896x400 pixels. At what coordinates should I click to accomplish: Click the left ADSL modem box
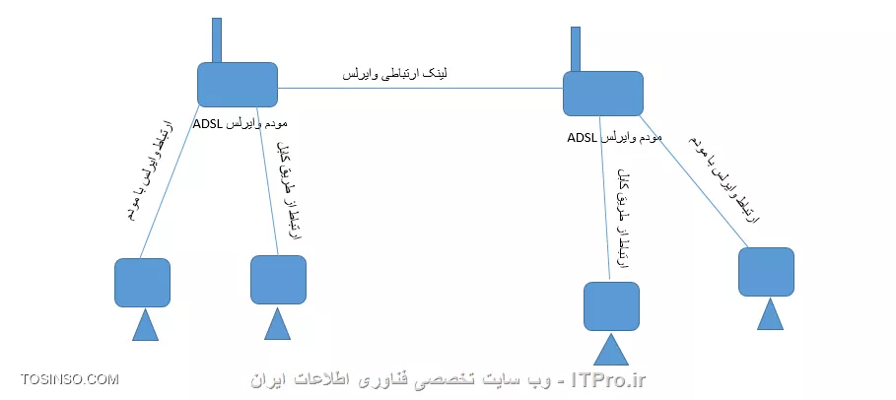[237, 84]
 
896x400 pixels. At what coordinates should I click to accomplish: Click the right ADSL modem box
[602, 94]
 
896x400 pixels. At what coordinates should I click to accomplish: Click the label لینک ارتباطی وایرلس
[395, 74]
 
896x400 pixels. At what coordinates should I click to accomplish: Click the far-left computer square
[142, 283]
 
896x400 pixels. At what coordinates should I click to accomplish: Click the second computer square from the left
[278, 280]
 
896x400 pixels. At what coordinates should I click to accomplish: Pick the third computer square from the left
[611, 306]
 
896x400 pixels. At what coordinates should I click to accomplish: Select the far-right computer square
[766, 272]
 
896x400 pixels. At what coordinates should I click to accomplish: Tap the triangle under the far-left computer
[146, 325]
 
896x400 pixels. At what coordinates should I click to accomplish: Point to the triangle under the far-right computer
[770, 315]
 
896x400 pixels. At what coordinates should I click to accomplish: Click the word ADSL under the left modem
[209, 124]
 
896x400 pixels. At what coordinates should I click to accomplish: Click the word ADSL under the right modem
[584, 138]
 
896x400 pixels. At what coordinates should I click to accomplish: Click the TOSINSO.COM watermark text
[70, 379]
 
